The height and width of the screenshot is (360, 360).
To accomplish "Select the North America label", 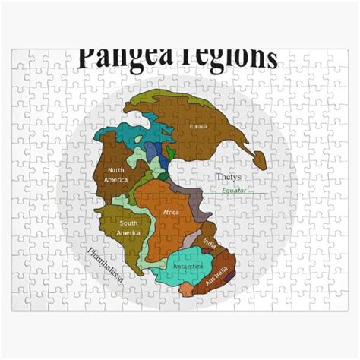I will [x=116, y=174].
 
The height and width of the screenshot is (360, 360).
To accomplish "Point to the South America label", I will [x=128, y=227].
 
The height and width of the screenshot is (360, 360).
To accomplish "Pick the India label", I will [x=210, y=245].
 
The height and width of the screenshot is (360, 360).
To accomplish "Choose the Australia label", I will [x=216, y=276].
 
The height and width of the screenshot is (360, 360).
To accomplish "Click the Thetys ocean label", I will [x=227, y=177].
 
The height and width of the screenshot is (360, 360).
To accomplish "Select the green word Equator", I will [x=234, y=190].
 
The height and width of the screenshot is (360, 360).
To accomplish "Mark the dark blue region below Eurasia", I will [x=155, y=150].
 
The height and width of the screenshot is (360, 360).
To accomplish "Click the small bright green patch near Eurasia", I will [x=171, y=153].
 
